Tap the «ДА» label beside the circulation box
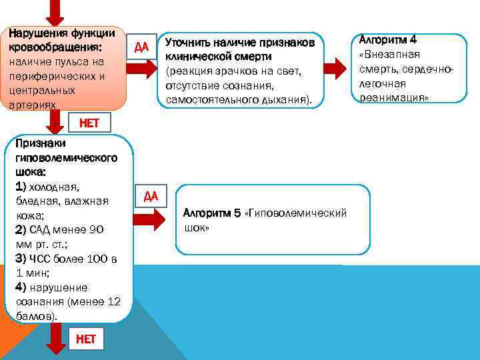tap(141, 47)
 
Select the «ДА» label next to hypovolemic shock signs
tap(151, 195)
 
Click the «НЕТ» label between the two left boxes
tap(89, 123)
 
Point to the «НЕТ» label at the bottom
tap(86, 339)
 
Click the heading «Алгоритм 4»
tap(387, 39)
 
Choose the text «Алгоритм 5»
tap(213, 213)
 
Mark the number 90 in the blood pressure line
tap(96, 230)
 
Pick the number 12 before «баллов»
tap(114, 302)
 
